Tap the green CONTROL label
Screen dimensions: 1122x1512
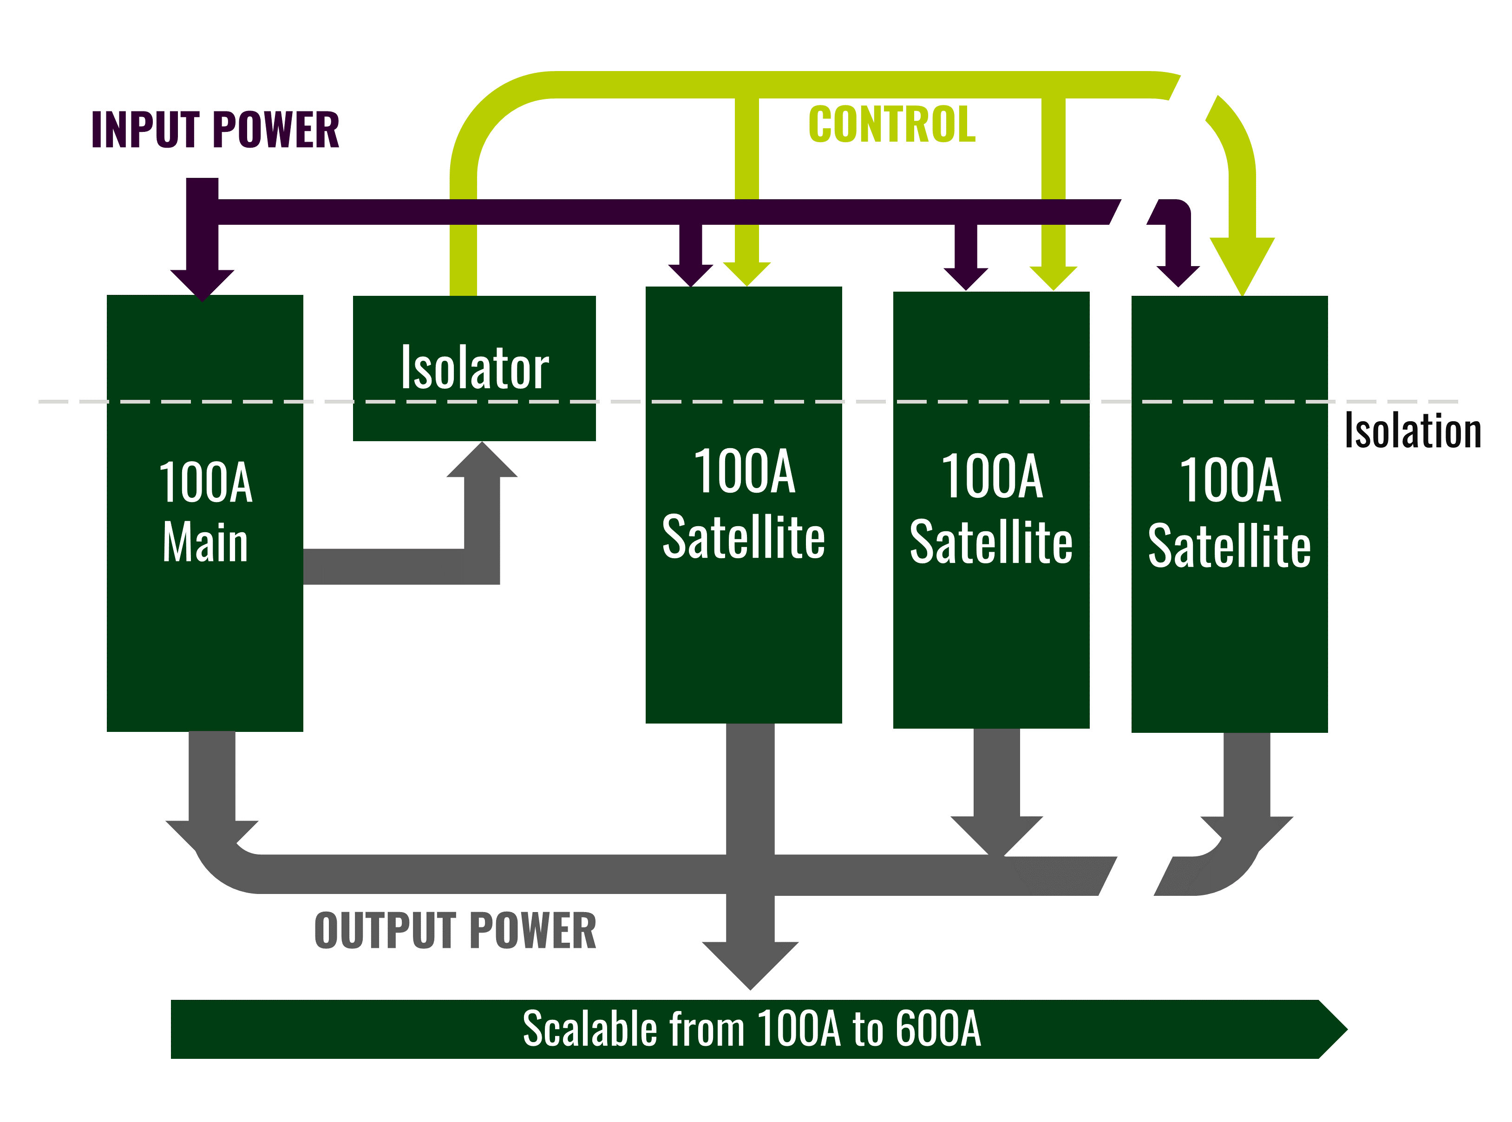click(891, 125)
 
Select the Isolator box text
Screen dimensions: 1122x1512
click(474, 368)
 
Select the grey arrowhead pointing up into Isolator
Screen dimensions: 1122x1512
click(482, 462)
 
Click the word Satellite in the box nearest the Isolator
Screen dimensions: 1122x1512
click(743, 537)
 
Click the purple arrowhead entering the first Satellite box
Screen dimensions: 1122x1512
click(690, 274)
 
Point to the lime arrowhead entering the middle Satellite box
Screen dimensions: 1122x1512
click(1053, 277)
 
